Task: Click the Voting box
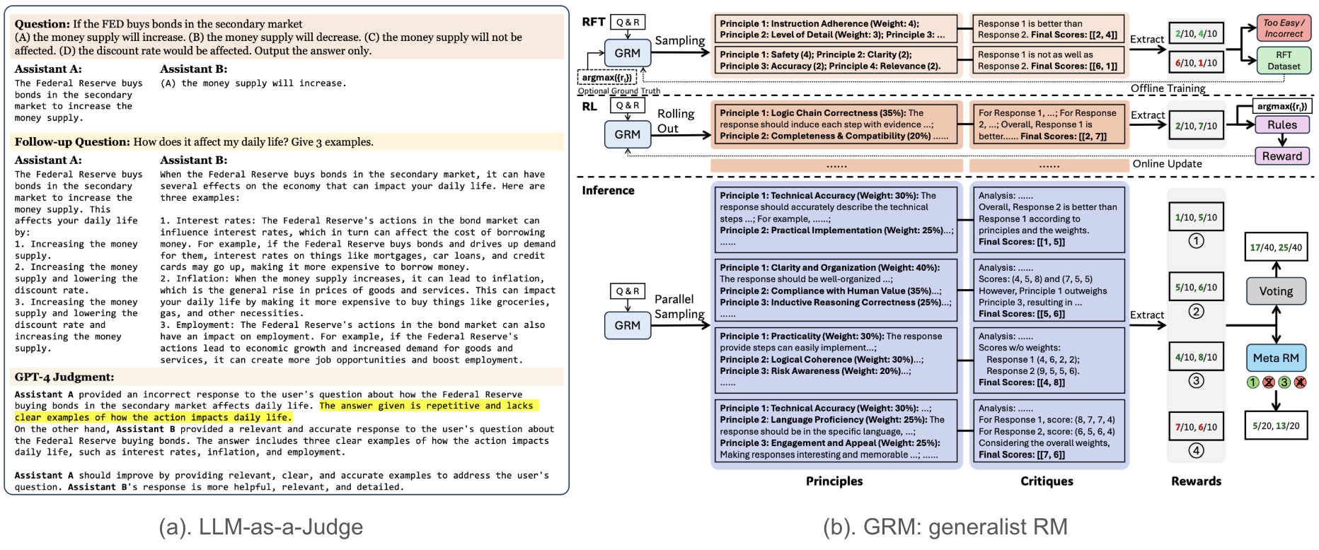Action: coord(1276,291)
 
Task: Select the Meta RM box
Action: coord(1276,358)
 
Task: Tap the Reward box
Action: coord(1281,156)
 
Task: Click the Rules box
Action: coord(1281,125)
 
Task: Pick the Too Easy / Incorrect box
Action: coord(1284,28)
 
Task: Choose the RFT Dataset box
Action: coord(1284,61)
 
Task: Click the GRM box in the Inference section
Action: coord(627,325)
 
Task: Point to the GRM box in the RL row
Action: coord(627,134)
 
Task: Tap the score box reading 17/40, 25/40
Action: coord(1276,247)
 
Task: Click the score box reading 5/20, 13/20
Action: coord(1276,426)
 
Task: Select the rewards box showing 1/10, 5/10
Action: coord(1196,218)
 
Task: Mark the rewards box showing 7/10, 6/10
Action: coord(1196,427)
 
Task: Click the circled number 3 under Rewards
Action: coord(1196,381)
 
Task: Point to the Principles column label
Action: coord(834,481)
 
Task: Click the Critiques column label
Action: coord(1047,481)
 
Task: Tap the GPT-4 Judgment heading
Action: coord(64,378)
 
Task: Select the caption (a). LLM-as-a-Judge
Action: coord(261,527)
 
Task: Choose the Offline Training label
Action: coord(1168,88)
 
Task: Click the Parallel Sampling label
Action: coord(679,307)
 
